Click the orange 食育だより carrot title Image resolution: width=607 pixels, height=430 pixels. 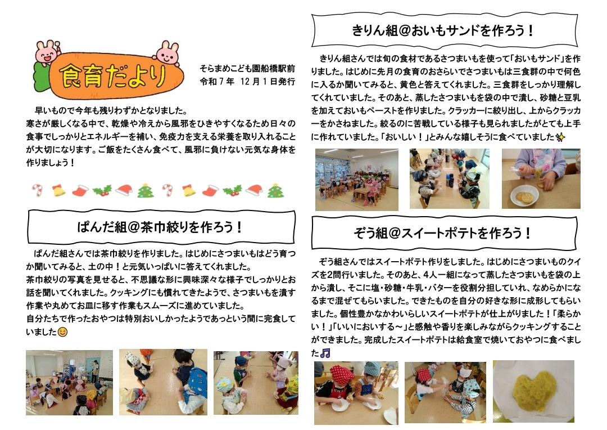pyautogui.click(x=112, y=75)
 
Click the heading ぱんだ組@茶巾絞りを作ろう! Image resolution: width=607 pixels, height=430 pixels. pyautogui.click(x=160, y=227)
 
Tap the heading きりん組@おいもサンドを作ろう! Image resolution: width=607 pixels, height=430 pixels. pyautogui.click(x=443, y=30)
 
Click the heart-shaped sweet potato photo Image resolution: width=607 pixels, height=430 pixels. pyautogui.click(x=533, y=391)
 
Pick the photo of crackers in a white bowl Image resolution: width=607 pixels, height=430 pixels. pyautogui.click(x=541, y=179)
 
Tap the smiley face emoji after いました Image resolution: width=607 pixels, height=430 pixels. pyautogui.click(x=62, y=332)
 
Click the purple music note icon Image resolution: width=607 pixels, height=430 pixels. pyautogui.click(x=325, y=353)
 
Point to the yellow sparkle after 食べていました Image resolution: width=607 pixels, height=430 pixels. pyautogui.click(x=560, y=137)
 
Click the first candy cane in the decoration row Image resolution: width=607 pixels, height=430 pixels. pyautogui.click(x=38, y=190)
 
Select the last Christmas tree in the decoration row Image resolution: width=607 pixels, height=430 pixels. pyautogui.click(x=275, y=190)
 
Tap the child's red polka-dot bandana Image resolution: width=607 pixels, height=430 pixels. pyautogui.click(x=342, y=375)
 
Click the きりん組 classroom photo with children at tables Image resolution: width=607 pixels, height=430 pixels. pyautogui.click(x=356, y=180)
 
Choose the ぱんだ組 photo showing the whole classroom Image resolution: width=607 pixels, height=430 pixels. pyautogui.click(x=69, y=383)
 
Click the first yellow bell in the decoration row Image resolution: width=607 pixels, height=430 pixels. pyautogui.click(x=58, y=190)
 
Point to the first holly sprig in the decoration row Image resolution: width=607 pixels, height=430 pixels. pyautogui.click(x=102, y=190)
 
